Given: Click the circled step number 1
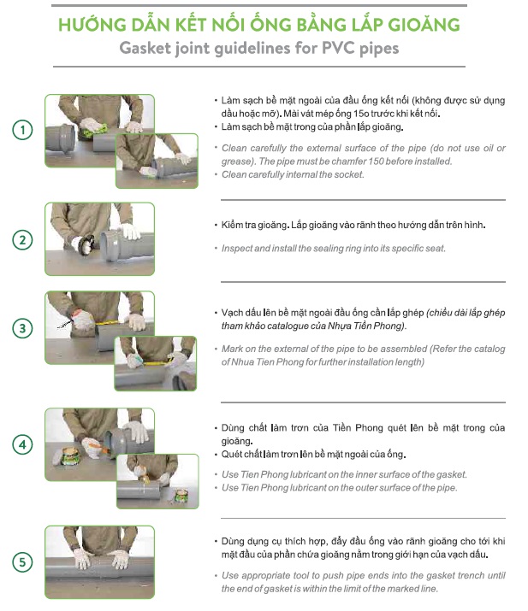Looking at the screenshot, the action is pos(22,130).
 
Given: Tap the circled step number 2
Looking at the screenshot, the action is pos(22,240).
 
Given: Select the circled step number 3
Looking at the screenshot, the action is pos(22,328).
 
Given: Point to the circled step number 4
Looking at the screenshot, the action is pos(22,444).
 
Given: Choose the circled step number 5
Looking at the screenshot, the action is pos(22,562).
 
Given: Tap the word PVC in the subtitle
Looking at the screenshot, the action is pos(338,49).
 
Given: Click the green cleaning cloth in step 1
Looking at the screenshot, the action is pos(94,130).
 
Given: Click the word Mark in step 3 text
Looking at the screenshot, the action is pos(231,349).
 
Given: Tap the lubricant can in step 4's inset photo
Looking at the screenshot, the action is pos(181,497).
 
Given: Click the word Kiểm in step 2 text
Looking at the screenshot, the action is pos(232,226).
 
